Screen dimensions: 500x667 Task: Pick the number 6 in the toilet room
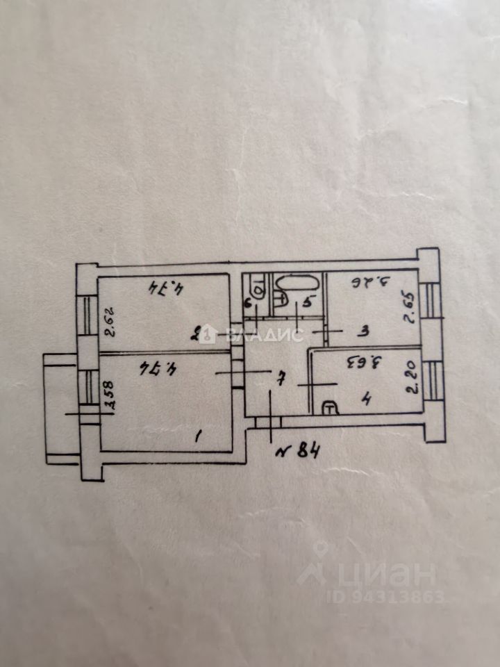[x=248, y=302]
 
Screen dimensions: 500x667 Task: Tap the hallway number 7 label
[x=279, y=379]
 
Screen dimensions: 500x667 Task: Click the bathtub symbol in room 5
[x=298, y=284]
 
